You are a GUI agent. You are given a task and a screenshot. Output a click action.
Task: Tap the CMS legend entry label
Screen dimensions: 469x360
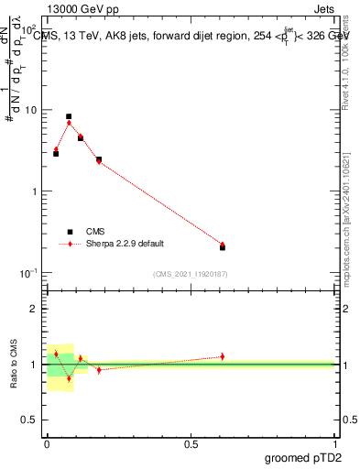point(94,232)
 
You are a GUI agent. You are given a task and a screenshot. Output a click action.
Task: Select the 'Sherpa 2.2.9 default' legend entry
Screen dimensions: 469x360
point(125,244)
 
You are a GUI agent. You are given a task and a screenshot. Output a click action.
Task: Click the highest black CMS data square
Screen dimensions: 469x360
point(69,117)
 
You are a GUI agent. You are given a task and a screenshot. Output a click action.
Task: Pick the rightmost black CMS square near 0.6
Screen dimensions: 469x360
point(223,247)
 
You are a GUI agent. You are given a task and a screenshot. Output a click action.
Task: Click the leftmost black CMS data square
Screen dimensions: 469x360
point(56,153)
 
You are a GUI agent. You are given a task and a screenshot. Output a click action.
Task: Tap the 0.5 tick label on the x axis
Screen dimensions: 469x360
point(191,443)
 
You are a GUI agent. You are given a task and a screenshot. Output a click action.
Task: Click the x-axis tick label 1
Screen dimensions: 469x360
point(334,443)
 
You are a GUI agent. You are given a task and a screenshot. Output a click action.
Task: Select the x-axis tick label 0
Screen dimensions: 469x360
point(47,443)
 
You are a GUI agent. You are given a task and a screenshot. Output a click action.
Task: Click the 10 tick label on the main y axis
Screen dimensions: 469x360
point(28,110)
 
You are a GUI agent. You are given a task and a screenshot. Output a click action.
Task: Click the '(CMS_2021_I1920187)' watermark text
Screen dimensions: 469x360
point(191,274)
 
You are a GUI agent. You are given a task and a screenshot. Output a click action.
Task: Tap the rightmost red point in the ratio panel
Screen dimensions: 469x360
point(223,356)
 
